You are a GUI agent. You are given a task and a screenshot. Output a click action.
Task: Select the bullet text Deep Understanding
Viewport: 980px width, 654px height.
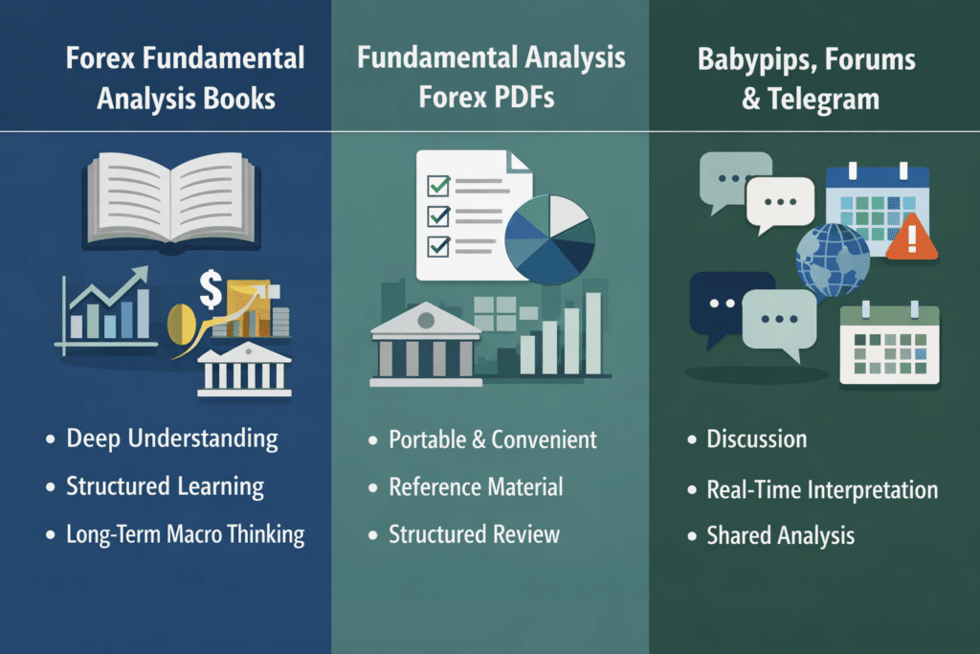[x=172, y=440]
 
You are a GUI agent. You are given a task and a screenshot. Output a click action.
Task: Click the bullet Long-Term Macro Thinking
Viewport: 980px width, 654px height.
[x=185, y=533]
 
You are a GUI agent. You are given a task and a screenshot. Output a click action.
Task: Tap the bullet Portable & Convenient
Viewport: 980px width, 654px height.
[x=492, y=440]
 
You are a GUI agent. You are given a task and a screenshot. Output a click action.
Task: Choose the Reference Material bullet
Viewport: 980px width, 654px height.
[x=476, y=486]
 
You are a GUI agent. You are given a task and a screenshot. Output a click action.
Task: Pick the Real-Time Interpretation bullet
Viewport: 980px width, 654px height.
[x=821, y=489]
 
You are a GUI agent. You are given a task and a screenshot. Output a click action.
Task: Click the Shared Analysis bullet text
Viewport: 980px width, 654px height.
[x=780, y=536]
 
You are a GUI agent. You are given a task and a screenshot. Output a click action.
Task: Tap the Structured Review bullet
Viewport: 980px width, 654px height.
[x=474, y=533]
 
